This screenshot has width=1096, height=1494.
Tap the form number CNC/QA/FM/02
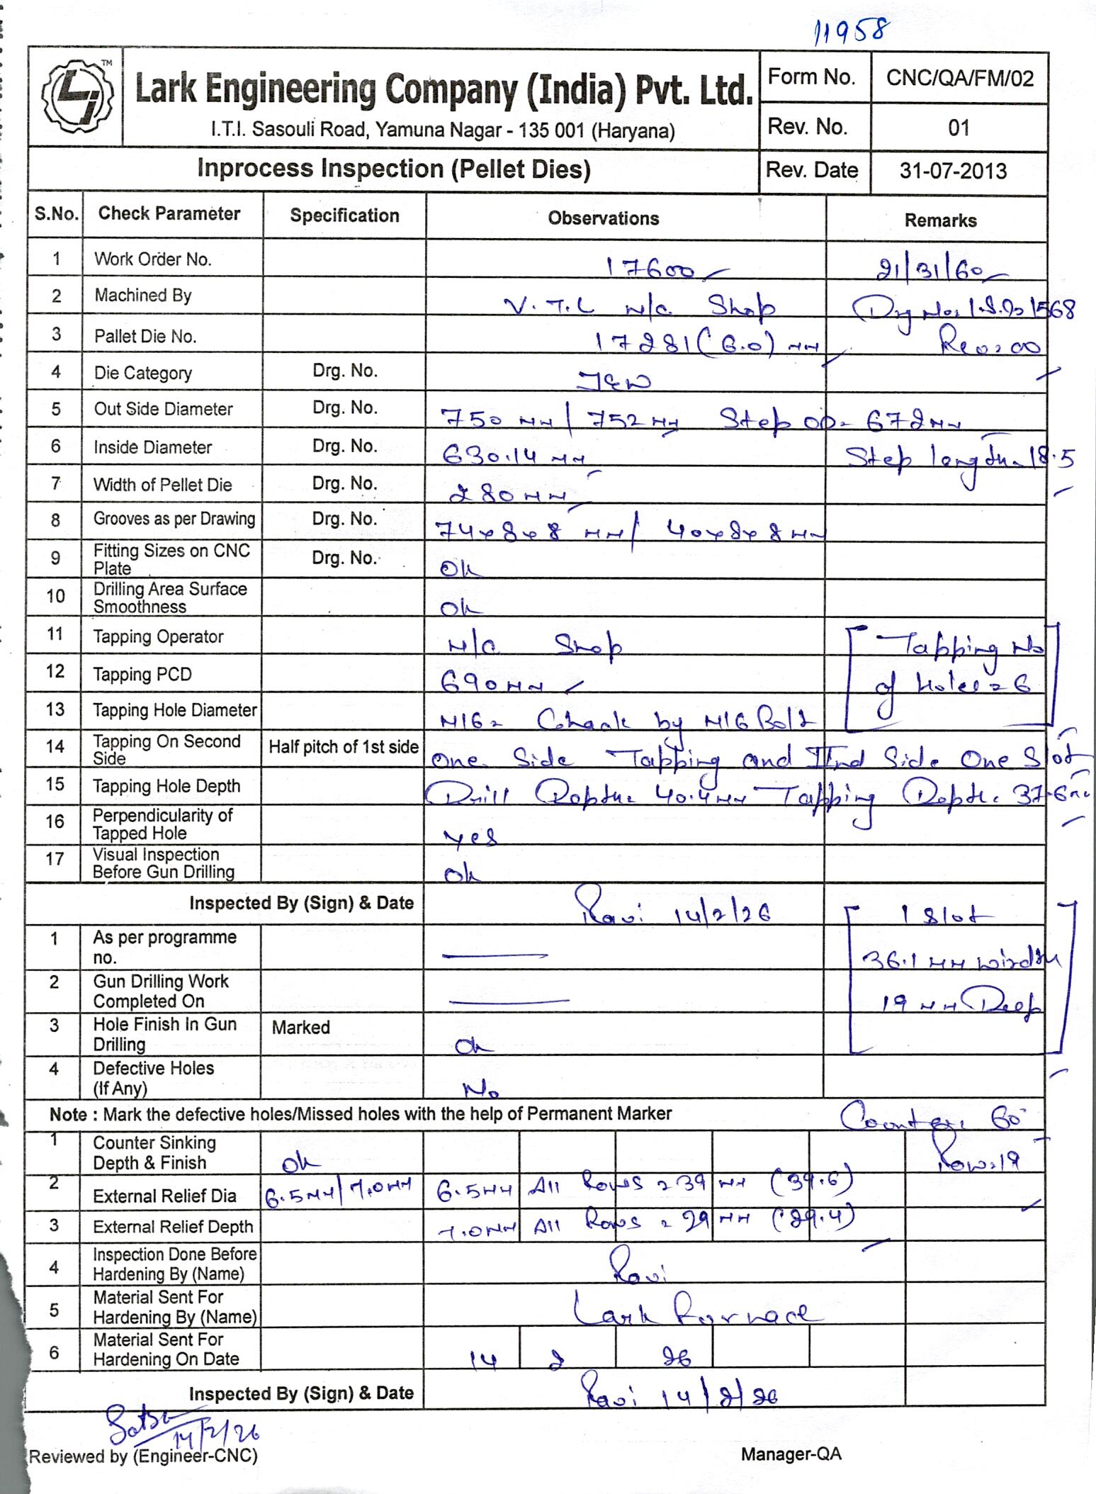coord(959,78)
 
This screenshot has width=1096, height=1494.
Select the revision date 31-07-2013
coord(953,171)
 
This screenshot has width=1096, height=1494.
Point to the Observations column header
coord(603,218)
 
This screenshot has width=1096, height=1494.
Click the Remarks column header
coord(940,220)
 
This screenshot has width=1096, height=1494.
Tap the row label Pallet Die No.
coord(145,336)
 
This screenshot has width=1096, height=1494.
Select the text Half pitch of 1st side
coord(344,747)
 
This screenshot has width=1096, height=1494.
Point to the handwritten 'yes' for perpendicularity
coord(470,838)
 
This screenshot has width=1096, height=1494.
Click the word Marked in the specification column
coord(301,1028)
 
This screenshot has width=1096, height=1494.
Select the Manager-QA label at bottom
coord(791,1454)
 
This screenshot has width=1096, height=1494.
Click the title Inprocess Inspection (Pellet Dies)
coord(393,169)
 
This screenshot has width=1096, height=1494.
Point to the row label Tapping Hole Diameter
coord(174,710)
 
